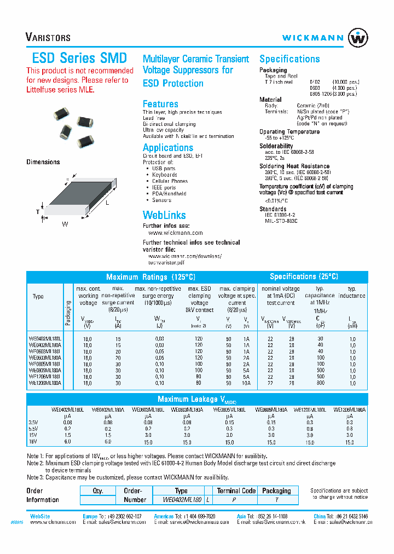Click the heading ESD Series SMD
click(77, 58)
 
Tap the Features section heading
click(160, 104)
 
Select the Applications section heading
click(167, 148)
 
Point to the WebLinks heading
click(164, 215)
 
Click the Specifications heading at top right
click(289, 59)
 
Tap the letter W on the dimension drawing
click(65, 224)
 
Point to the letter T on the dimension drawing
click(37, 212)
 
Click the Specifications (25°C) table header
click(304, 276)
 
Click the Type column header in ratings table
click(38, 297)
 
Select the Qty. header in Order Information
click(99, 491)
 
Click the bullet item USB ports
click(164, 169)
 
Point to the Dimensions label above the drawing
click(43, 162)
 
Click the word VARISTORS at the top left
click(48, 38)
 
